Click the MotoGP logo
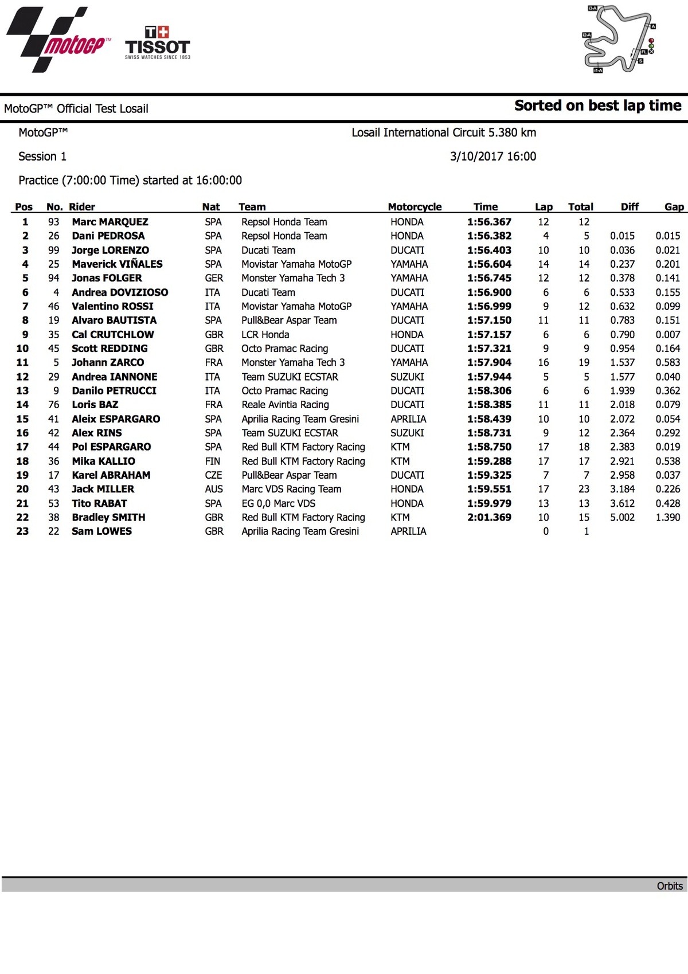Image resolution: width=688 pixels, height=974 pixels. coord(57,40)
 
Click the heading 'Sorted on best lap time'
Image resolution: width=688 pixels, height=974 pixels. coord(597,105)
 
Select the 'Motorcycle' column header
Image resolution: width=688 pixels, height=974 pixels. coord(415,207)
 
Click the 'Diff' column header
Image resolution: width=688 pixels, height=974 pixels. coord(629,207)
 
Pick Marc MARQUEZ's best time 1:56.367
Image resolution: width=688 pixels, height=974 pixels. coord(489,222)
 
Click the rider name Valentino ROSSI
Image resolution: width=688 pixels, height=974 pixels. coord(112,306)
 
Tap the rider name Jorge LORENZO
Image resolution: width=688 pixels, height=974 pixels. coord(110,250)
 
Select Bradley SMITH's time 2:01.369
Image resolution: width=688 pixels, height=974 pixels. coord(489,517)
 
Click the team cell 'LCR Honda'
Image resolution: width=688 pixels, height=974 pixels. coord(265,334)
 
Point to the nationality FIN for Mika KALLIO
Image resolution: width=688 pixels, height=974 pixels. coord(213,461)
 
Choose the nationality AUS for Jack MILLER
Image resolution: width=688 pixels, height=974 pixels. coord(214,489)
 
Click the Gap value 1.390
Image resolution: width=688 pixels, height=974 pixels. coord(668,517)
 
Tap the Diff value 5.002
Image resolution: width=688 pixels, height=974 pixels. coord(622,517)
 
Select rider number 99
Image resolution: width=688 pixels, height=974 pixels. coord(54,250)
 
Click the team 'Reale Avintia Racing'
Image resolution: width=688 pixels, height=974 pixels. coord(285,405)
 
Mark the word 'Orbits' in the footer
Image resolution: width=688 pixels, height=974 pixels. coord(670,886)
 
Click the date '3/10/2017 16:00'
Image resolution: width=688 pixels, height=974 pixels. coord(492,157)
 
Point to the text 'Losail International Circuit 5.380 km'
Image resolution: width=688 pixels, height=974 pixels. coord(444,132)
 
